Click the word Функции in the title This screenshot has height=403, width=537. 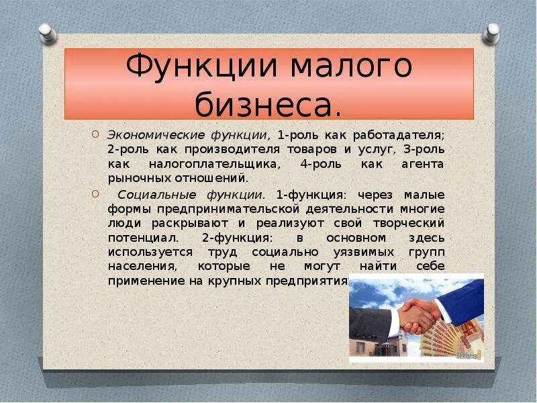(x=201, y=66)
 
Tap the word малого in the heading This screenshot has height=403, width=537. (x=351, y=65)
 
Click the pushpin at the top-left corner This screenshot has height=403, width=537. (x=47, y=34)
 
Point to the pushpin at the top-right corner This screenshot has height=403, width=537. (x=491, y=34)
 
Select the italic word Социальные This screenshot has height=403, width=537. (x=156, y=195)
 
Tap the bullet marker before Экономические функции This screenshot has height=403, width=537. (x=95, y=134)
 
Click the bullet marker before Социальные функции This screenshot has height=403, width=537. (x=95, y=194)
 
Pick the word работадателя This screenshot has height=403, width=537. (x=399, y=136)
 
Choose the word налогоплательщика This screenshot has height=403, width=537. (x=215, y=164)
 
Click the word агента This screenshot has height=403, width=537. (x=423, y=165)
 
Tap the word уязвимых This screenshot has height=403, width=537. (x=363, y=253)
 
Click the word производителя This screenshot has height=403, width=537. (x=232, y=150)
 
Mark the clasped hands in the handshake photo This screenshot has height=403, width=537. (x=418, y=315)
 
